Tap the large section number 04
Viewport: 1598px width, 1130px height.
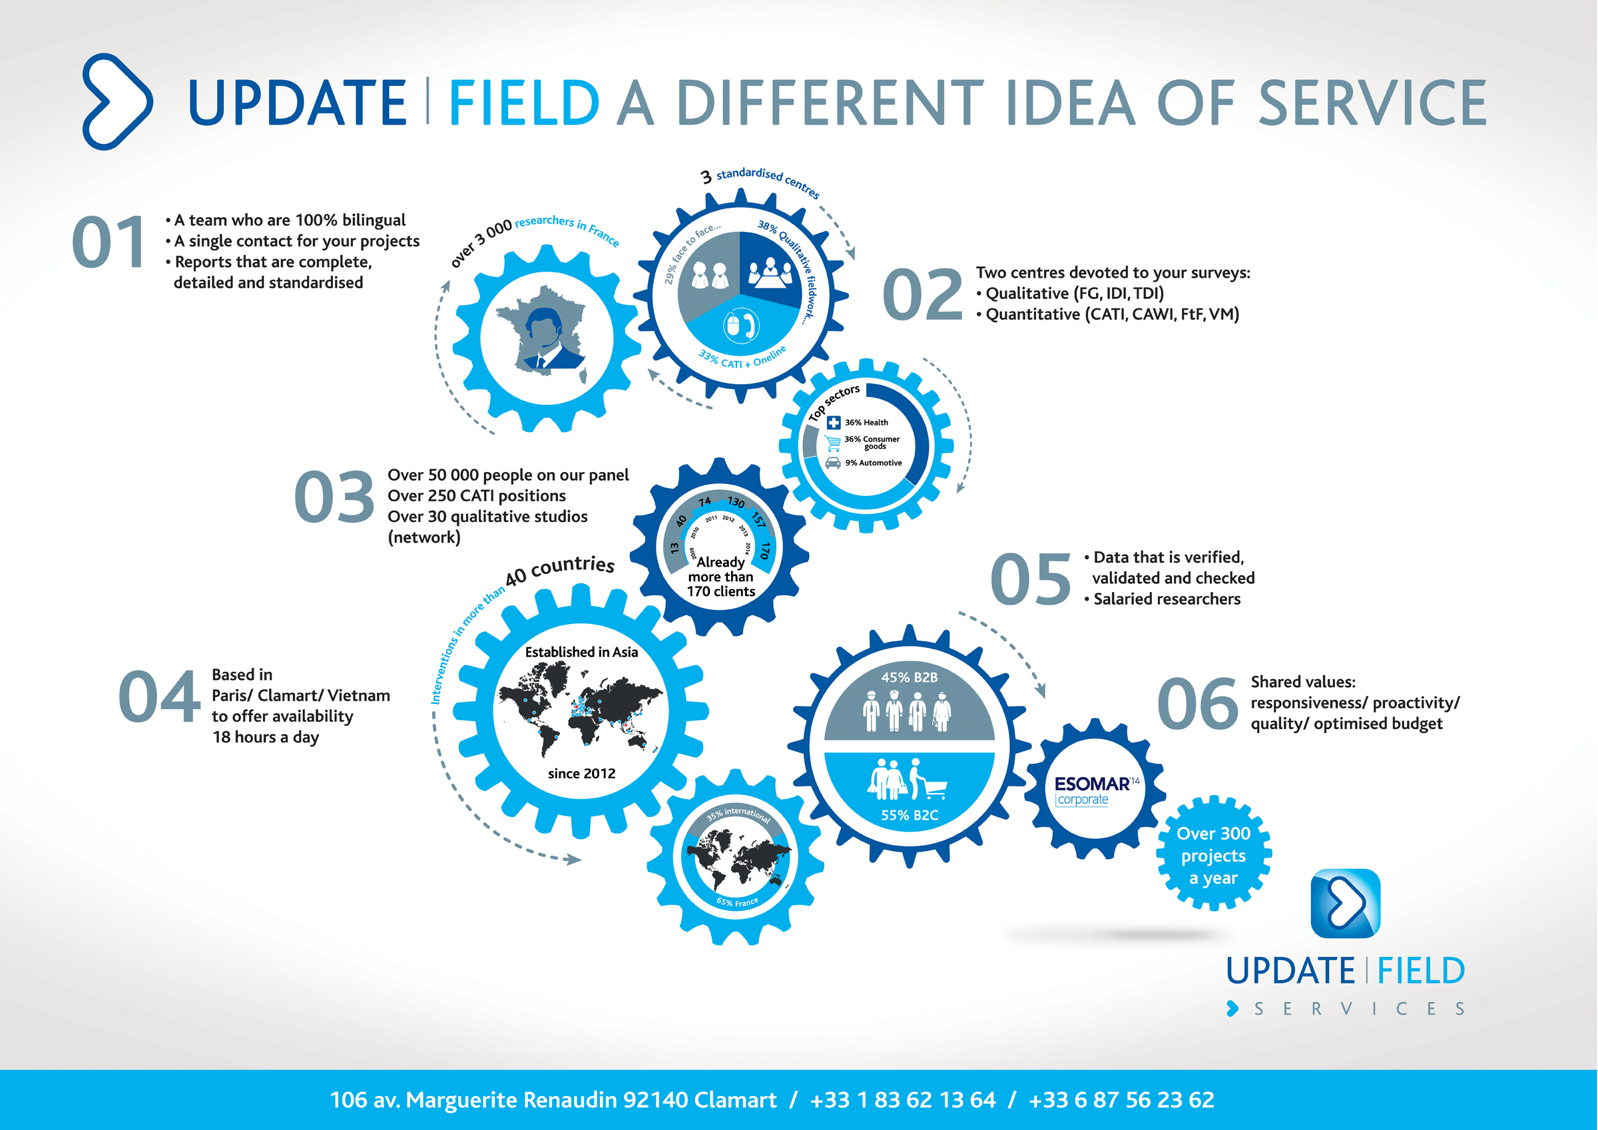[x=158, y=697]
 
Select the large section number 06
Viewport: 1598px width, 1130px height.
[x=1197, y=703]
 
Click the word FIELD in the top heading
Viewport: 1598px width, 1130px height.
[x=524, y=103]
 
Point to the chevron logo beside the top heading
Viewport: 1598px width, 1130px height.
[x=117, y=102]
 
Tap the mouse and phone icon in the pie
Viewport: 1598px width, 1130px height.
[x=740, y=325]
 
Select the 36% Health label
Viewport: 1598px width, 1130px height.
[x=866, y=423]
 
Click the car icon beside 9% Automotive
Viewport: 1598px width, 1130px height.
[x=832, y=463]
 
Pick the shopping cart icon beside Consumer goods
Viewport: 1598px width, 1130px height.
[x=832, y=443]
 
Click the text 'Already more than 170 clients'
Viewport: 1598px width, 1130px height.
[x=720, y=577]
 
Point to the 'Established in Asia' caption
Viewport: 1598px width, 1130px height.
[x=581, y=652]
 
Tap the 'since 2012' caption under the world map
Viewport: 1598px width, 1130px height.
[x=581, y=773]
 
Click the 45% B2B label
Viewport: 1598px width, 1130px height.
[x=909, y=677]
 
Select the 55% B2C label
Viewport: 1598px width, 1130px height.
[x=909, y=814]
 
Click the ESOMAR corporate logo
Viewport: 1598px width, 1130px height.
[x=1097, y=790]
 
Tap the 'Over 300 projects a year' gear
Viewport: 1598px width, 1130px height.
[x=1213, y=854]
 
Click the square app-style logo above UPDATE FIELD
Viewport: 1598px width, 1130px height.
[x=1345, y=903]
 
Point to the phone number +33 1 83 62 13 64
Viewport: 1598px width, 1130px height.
[x=903, y=1100]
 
